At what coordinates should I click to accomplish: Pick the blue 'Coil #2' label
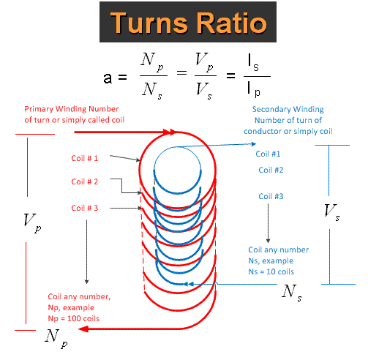pos(270,170)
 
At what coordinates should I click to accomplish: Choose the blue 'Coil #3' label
pos(270,196)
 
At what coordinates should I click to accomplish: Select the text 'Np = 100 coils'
pos(72,320)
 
